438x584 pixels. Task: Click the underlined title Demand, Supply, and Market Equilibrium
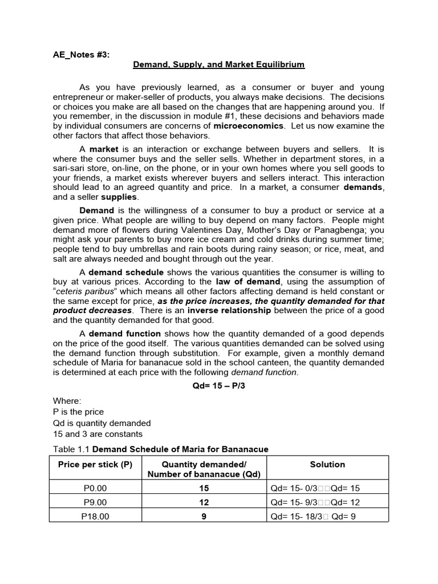click(219, 65)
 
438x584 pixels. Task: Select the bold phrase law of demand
click(248, 282)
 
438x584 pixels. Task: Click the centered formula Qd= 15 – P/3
click(219, 385)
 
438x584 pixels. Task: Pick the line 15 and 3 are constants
click(98, 433)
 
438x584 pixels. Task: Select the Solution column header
click(327, 465)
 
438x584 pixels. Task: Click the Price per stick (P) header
click(95, 465)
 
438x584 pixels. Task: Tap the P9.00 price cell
click(95, 502)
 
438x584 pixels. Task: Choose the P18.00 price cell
click(95, 516)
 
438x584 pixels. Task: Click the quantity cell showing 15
click(204, 488)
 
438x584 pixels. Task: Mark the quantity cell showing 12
click(204, 502)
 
